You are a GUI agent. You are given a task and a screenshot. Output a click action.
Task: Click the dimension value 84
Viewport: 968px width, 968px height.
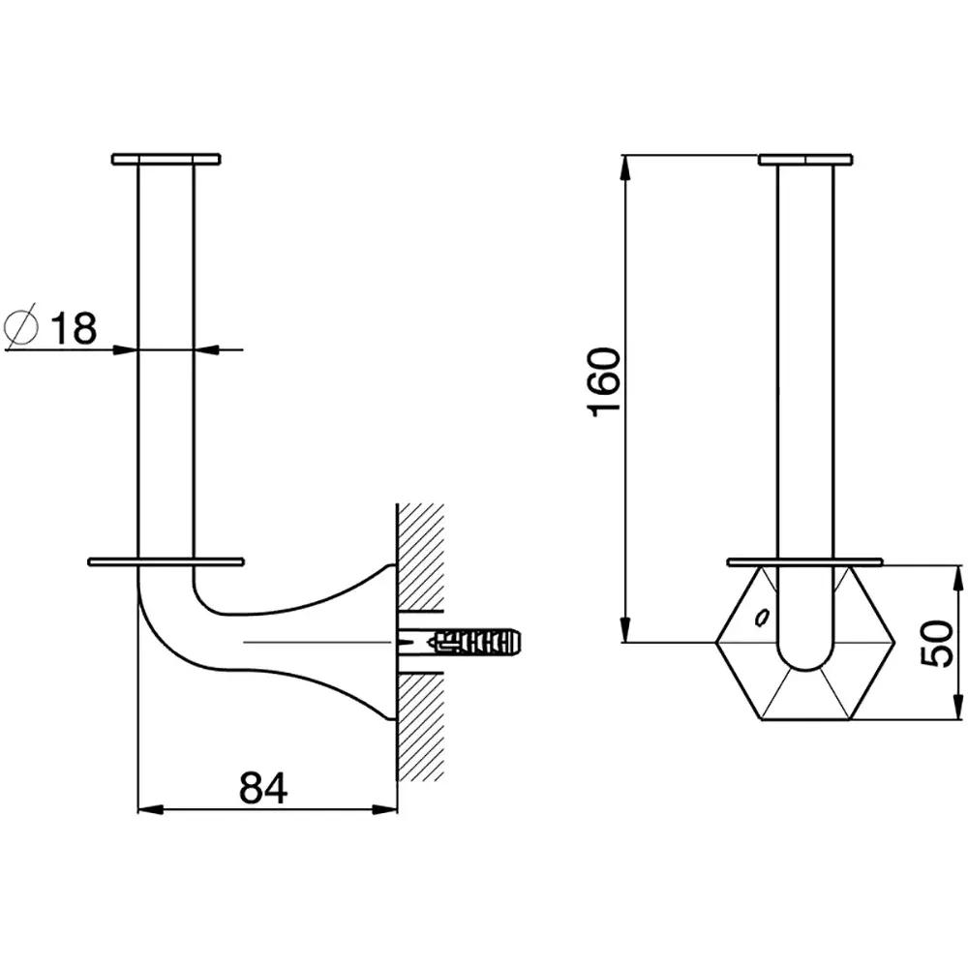263,788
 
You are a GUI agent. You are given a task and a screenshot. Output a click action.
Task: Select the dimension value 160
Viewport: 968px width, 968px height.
604,382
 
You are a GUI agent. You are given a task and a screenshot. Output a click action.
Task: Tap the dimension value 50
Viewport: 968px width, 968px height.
936,643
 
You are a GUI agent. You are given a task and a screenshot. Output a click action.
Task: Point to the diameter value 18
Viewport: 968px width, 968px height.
74,328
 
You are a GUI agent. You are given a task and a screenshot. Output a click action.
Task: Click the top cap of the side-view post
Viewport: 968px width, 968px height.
166,160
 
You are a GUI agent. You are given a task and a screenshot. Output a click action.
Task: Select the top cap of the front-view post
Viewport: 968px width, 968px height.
805,160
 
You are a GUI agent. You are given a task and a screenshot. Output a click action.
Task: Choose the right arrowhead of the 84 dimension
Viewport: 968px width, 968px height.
384,809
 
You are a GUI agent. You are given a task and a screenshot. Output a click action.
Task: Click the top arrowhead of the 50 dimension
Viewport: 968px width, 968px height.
957,578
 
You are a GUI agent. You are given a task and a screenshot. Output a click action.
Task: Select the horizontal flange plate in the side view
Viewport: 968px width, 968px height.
166,561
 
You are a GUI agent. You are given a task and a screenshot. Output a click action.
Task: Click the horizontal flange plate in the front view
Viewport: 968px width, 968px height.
805,561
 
